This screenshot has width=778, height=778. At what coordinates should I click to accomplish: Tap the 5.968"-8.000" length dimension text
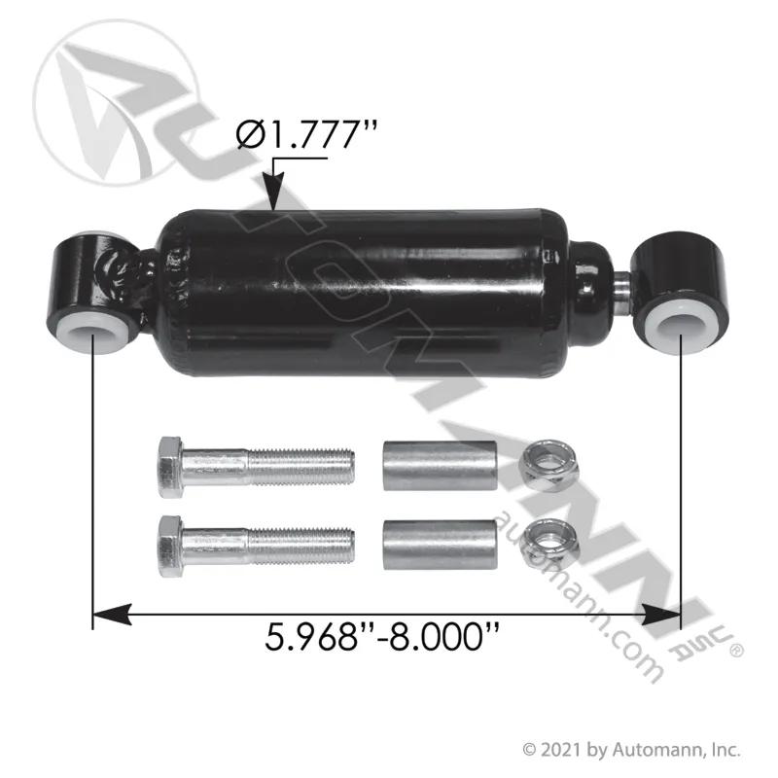382,638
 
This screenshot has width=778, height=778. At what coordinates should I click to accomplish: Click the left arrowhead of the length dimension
112,615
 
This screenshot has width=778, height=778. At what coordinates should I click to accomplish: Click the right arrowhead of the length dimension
661,615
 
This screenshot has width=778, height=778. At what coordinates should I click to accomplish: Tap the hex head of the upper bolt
171,466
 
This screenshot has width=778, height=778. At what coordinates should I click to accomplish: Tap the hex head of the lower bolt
171,546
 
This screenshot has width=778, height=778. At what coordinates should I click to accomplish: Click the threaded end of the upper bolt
301,466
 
